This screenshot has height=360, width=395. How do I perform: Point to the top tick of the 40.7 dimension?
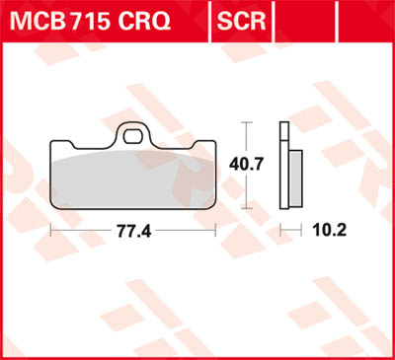pyautogui.click(x=248, y=122)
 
